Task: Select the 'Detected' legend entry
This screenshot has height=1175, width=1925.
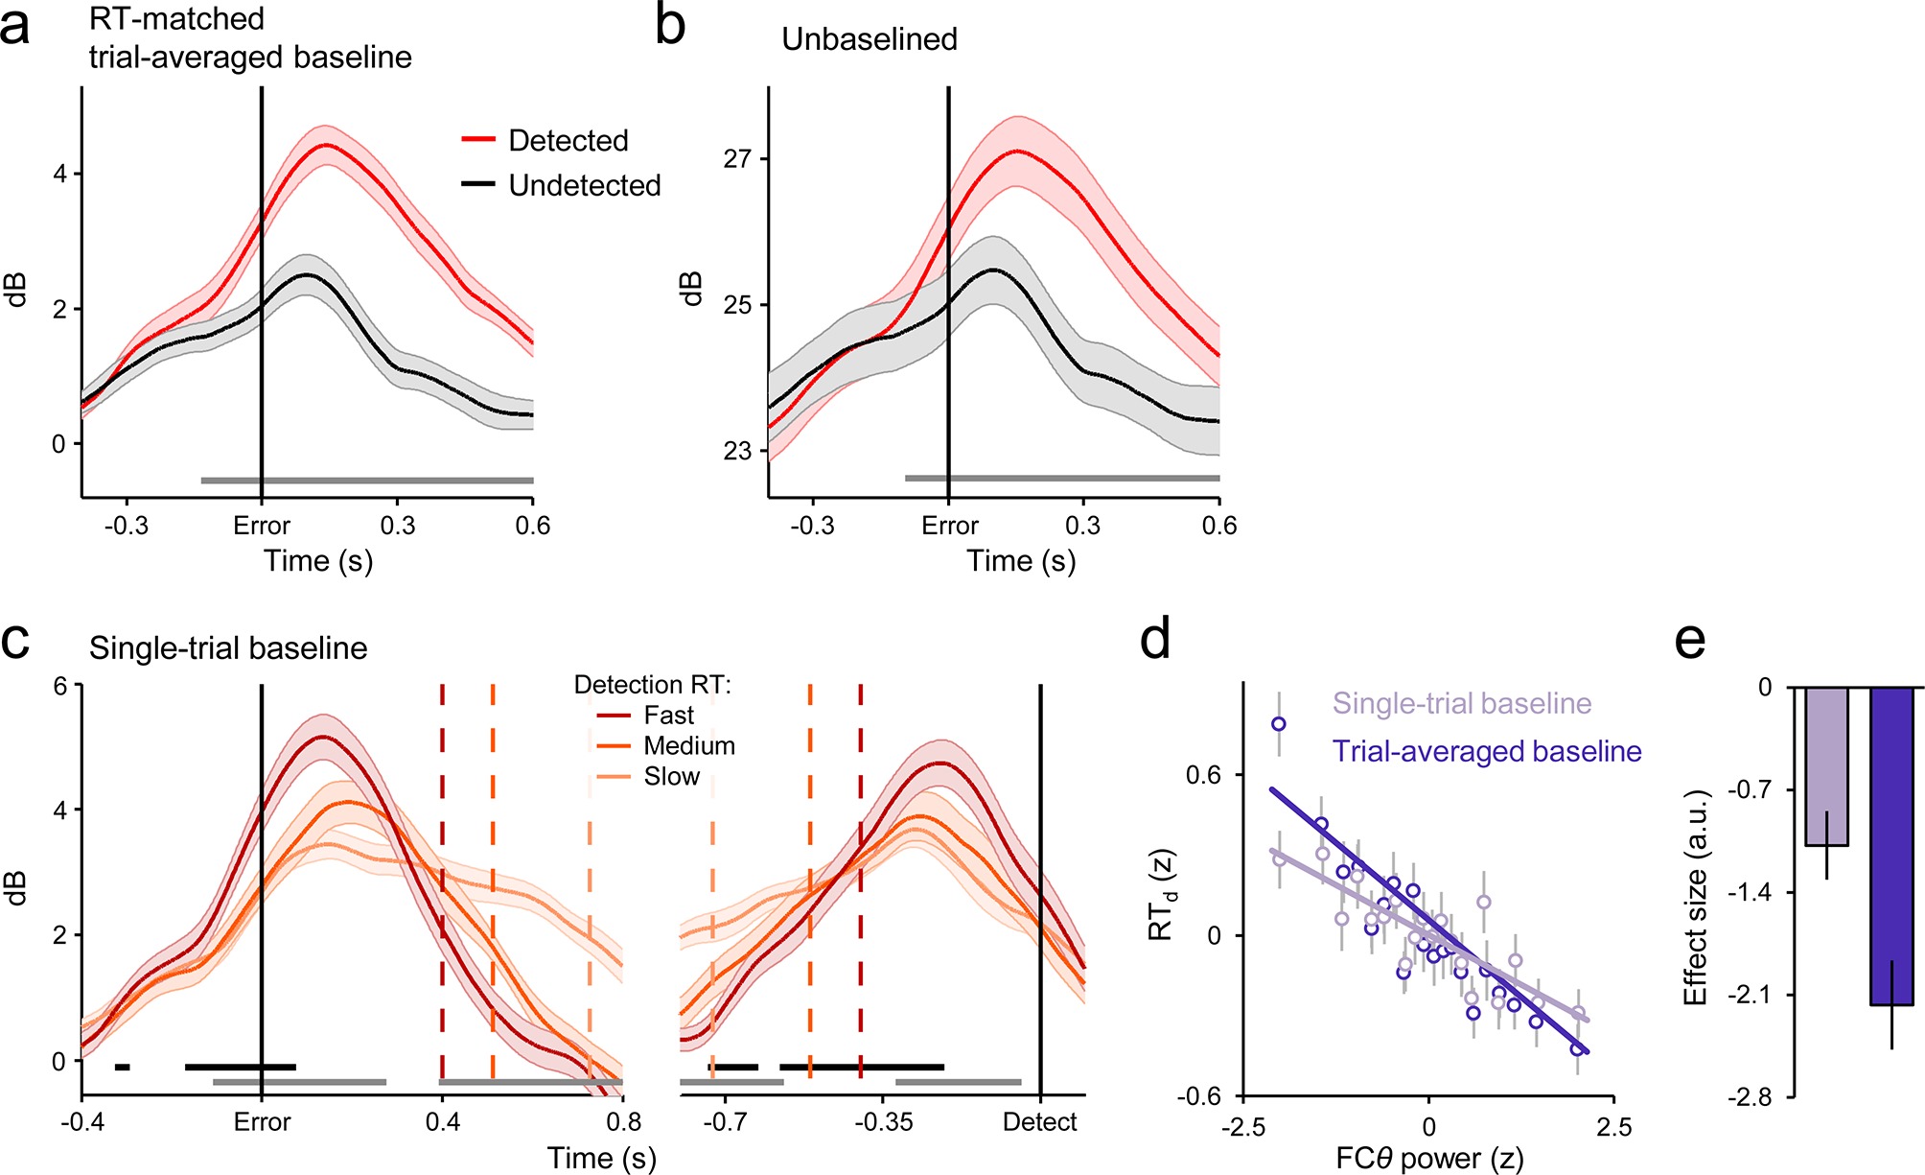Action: click(568, 140)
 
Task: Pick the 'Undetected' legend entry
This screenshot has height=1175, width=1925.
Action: click(584, 185)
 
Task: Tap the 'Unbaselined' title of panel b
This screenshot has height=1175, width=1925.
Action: click(870, 39)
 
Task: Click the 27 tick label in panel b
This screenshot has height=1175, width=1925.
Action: click(738, 158)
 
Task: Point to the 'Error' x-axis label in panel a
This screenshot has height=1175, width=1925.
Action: click(261, 526)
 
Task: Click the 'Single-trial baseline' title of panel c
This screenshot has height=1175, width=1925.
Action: click(228, 648)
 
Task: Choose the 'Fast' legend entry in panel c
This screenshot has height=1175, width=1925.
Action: click(668, 716)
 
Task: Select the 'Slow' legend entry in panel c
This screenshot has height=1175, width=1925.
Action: click(671, 777)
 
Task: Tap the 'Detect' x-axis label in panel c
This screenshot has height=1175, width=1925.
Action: click(1040, 1121)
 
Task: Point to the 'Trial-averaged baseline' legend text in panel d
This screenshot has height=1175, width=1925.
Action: click(1487, 751)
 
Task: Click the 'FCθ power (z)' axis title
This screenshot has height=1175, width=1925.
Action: click(1429, 1159)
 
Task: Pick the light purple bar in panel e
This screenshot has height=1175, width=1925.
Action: click(1826, 766)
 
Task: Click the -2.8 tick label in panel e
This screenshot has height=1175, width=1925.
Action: click(1750, 1097)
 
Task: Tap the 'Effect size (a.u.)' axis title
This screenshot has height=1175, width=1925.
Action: click(1696, 897)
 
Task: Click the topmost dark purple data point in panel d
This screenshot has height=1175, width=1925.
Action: click(1279, 724)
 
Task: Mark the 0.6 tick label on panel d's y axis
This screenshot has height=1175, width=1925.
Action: click(1203, 775)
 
